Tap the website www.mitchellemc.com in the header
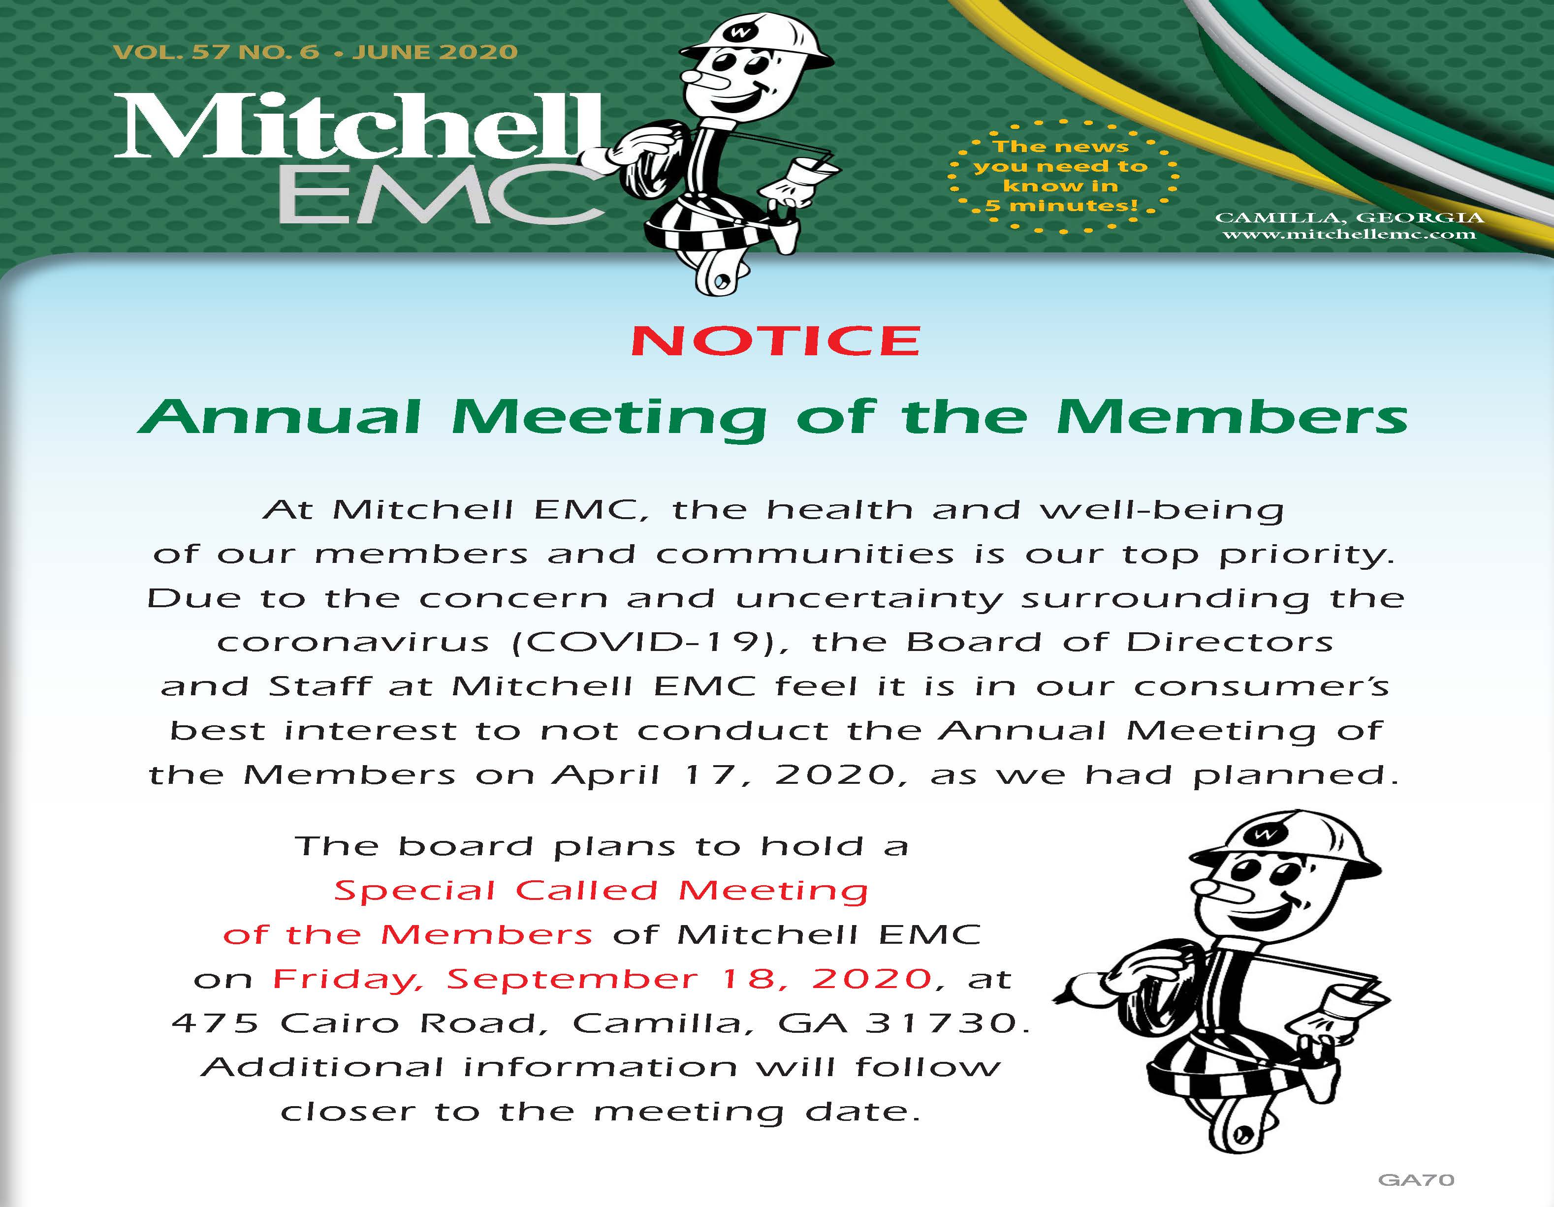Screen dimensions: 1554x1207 [x=1349, y=234]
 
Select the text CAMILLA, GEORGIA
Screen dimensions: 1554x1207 [x=1349, y=217]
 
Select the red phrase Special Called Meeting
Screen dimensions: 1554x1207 [x=601, y=891]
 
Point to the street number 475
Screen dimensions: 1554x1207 [x=215, y=1023]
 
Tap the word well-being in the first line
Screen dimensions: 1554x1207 [x=1161, y=510]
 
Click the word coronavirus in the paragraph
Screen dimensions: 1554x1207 [x=353, y=642]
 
